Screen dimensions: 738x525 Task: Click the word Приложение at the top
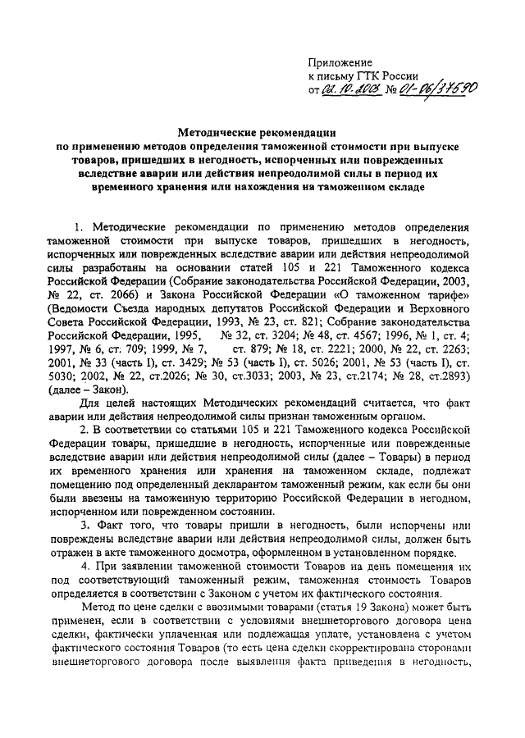[x=339, y=62]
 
